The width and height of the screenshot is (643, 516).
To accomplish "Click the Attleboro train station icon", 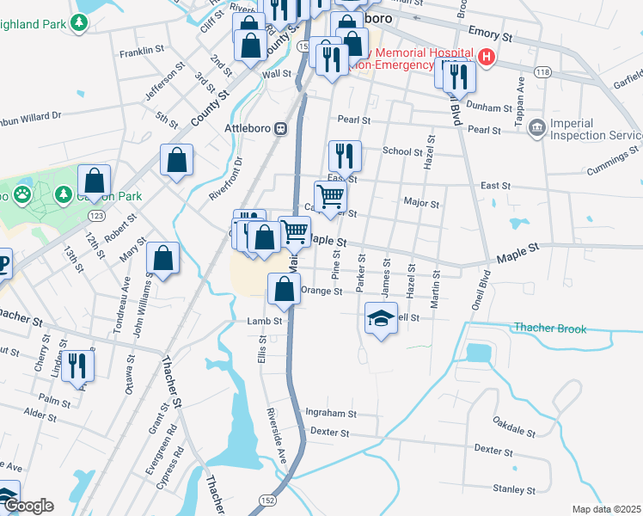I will pyautogui.click(x=280, y=129).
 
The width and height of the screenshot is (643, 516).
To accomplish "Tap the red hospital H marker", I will pyautogui.click(x=487, y=58).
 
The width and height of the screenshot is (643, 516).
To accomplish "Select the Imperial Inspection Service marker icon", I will pyautogui.click(x=537, y=128).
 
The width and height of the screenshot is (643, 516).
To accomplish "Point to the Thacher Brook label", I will pyautogui.click(x=550, y=329).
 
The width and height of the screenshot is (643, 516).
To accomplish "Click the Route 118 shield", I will pyautogui.click(x=542, y=73).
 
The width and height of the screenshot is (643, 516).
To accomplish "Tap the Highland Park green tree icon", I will pyautogui.click(x=81, y=21).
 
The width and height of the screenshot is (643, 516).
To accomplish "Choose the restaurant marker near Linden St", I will pyautogui.click(x=77, y=366).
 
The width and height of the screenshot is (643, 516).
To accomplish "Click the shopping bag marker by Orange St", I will pyautogui.click(x=284, y=291).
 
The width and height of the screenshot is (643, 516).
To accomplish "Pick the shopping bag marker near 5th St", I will pyautogui.click(x=176, y=160).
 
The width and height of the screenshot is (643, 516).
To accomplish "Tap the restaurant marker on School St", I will pyautogui.click(x=344, y=157).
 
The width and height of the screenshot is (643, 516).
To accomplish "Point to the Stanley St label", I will pyautogui.click(x=514, y=489).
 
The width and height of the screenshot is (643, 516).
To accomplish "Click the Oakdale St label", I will pyautogui.click(x=514, y=422).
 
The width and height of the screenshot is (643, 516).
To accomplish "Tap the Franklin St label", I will pyautogui.click(x=142, y=51).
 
